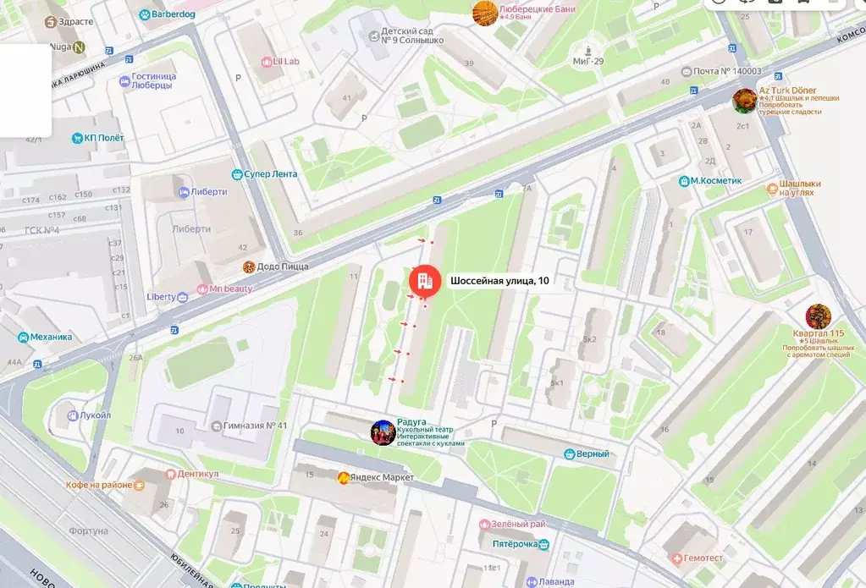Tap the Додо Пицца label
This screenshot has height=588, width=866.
point(283,267)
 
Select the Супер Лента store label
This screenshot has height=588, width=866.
point(270,174)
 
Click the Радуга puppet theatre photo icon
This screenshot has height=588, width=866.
point(383,432)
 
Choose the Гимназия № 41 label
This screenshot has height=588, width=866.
point(255,426)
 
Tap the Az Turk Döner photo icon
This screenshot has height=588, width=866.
point(745,101)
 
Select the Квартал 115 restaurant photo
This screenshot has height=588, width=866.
point(818,316)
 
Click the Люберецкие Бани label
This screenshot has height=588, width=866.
point(538,8)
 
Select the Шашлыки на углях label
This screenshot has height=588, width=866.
point(800,188)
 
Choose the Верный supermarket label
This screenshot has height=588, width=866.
point(593,454)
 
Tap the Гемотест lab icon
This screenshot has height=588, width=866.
point(677,558)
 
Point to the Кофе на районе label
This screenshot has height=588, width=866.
point(99,485)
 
